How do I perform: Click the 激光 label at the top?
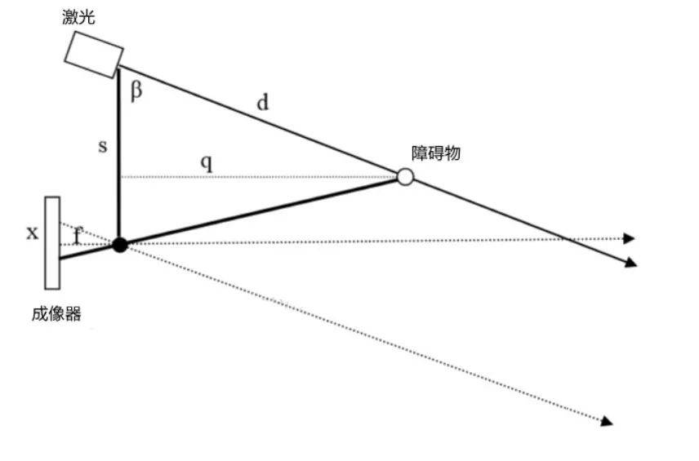(78, 16)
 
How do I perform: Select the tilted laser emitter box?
(94, 55)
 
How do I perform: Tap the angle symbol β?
(136, 91)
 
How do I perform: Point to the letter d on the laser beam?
(263, 102)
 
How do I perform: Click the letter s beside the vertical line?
(103, 146)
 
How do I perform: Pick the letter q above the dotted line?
(207, 163)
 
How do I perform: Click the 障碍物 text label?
(435, 153)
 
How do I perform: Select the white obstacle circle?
(405, 176)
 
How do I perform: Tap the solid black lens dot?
(119, 245)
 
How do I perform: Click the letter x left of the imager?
(32, 233)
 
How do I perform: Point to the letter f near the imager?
(78, 235)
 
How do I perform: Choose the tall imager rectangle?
(52, 243)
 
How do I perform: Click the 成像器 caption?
(56, 314)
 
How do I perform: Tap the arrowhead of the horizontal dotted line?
(629, 238)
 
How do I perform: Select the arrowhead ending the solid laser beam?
(631, 263)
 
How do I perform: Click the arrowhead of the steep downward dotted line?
(607, 421)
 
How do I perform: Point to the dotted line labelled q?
(259, 177)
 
